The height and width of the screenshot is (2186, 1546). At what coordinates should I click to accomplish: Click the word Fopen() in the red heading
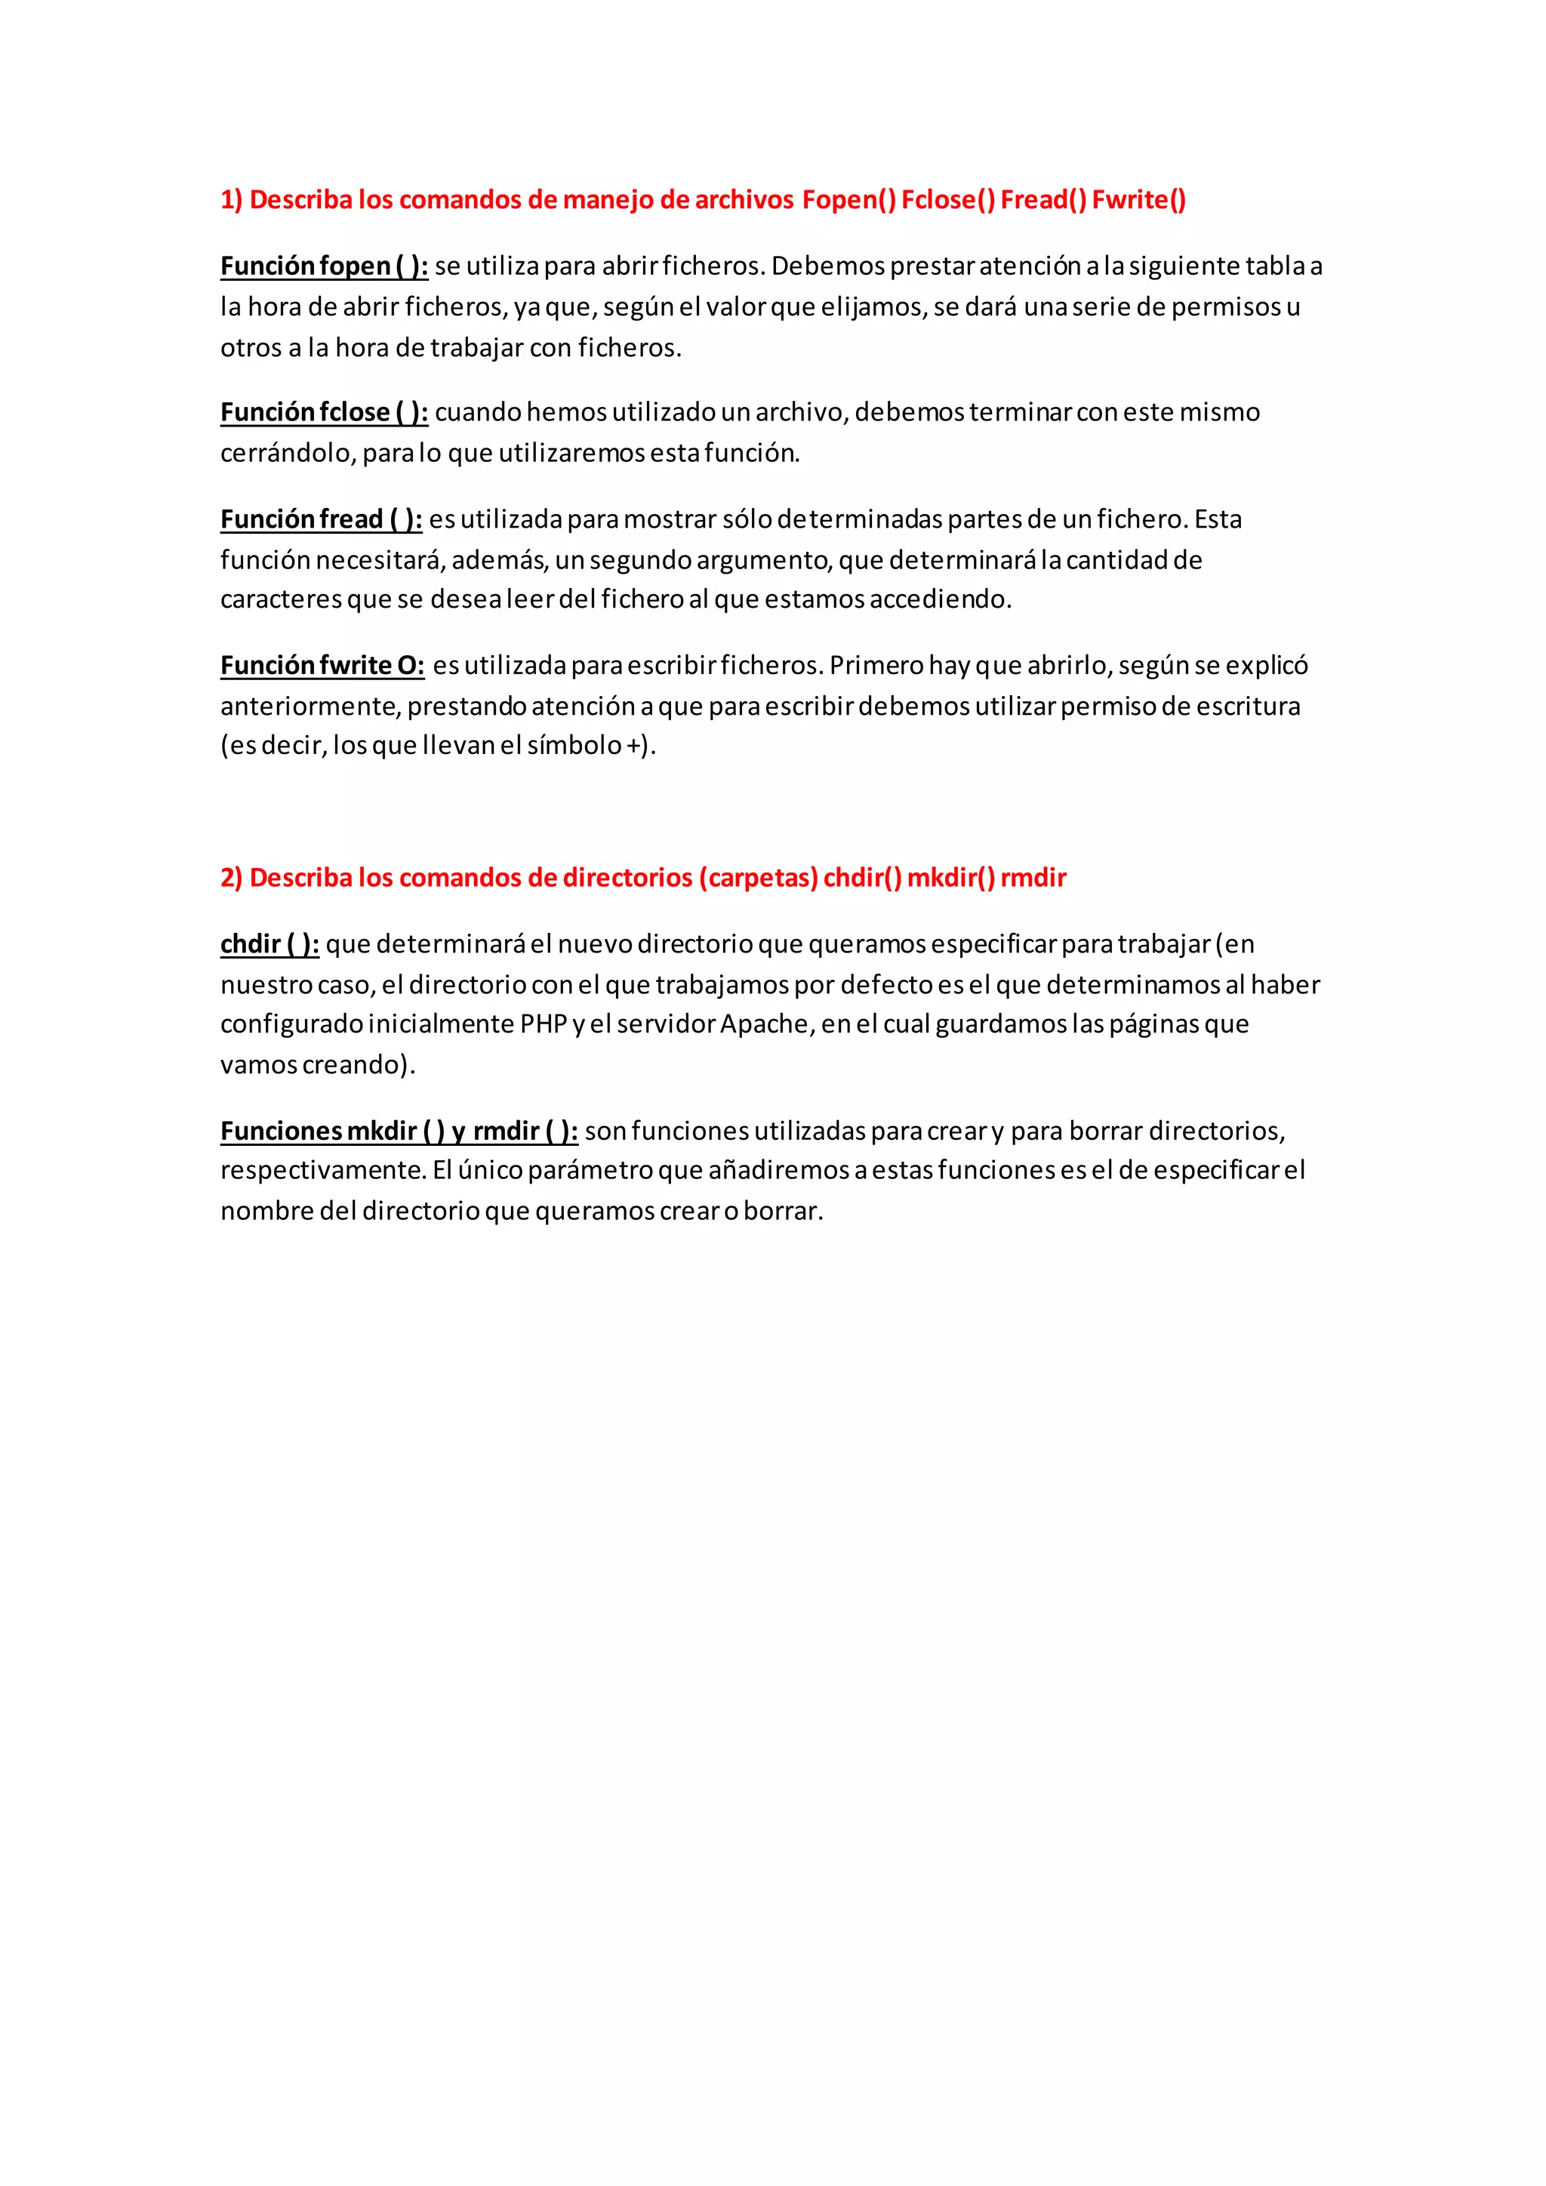tap(848, 200)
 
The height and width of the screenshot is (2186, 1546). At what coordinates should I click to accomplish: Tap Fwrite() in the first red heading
tap(1138, 200)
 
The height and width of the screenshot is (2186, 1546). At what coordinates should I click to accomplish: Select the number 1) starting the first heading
tap(231, 200)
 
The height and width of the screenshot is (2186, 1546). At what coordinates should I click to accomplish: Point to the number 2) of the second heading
tap(231, 878)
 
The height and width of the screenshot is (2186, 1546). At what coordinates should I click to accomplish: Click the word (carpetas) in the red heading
tap(759, 878)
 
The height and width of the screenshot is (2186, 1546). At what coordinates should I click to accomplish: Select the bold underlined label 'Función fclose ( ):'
tap(324, 412)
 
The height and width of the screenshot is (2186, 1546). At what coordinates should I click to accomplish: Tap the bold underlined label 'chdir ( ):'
tap(269, 944)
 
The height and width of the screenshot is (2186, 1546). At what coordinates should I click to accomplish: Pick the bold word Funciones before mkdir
tap(281, 1131)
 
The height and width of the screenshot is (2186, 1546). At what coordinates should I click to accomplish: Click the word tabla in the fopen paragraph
tap(1276, 266)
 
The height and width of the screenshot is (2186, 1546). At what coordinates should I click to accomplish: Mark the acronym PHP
tap(544, 1024)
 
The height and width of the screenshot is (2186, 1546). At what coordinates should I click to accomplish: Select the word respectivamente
tap(323, 1171)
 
